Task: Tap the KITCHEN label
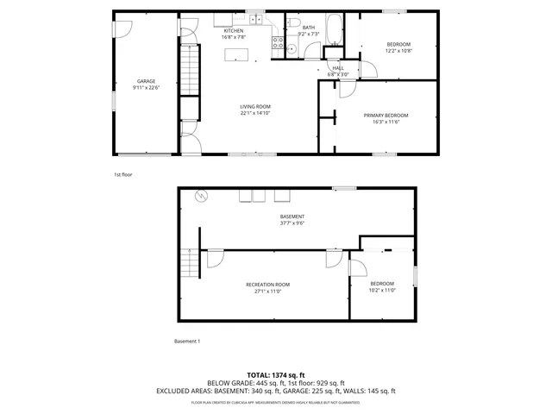click(234, 31)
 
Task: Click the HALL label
click(338, 68)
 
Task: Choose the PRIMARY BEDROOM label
click(386, 115)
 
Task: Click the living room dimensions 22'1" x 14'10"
click(255, 113)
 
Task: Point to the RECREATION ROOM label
click(267, 285)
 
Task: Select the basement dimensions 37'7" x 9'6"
click(292, 223)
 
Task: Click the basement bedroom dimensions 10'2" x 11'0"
click(382, 290)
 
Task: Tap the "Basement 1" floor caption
click(187, 342)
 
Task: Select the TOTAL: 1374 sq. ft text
click(276, 374)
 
